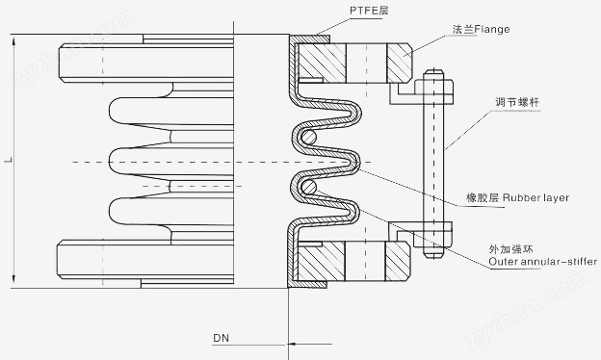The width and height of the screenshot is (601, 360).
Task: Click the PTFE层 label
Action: [x=369, y=10]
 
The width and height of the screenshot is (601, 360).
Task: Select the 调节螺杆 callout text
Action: [x=516, y=102]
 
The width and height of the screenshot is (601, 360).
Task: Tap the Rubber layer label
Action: [x=536, y=197]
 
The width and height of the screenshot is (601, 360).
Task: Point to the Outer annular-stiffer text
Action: [x=543, y=262]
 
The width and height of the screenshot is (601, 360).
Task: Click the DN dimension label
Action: [x=222, y=338]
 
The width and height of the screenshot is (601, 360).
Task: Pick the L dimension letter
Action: [x=7, y=160]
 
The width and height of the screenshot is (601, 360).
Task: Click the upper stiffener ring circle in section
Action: [x=308, y=137]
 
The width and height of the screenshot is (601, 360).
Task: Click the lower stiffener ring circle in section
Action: [x=308, y=188]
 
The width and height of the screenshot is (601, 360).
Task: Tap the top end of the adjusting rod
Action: [x=434, y=69]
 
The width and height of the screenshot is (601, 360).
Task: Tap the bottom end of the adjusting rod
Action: [x=434, y=257]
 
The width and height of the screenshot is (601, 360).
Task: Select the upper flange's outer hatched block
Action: [x=399, y=63]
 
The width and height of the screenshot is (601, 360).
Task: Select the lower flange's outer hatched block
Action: [x=398, y=261]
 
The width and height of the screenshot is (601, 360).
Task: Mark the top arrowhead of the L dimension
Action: [x=13, y=40]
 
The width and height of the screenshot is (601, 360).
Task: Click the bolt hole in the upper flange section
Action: [x=366, y=63]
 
